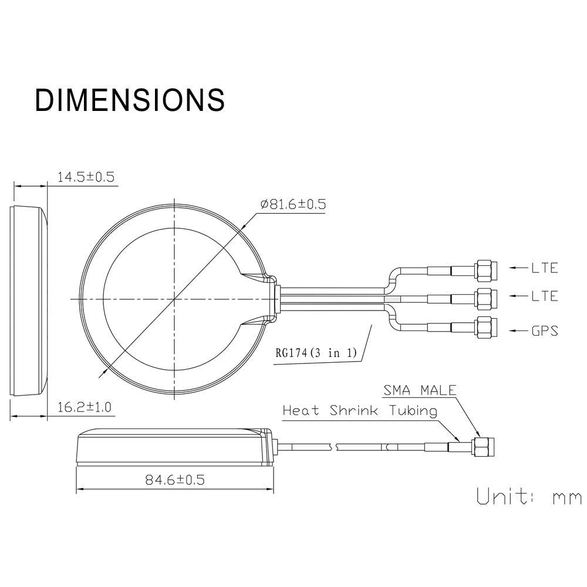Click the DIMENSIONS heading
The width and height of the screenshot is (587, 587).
click(130, 100)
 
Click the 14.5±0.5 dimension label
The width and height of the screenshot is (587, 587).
click(86, 177)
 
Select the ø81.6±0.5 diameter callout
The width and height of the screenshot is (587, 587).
click(293, 204)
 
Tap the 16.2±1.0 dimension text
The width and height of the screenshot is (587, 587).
click(84, 407)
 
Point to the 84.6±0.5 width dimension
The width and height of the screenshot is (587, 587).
click(175, 480)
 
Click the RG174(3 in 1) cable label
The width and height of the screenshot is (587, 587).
click(316, 352)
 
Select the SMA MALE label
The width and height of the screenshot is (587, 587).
click(420, 390)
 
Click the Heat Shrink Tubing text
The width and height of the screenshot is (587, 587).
click(360, 411)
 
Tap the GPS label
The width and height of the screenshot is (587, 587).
click(545, 331)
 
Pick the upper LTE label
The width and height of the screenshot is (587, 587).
click(545, 268)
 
